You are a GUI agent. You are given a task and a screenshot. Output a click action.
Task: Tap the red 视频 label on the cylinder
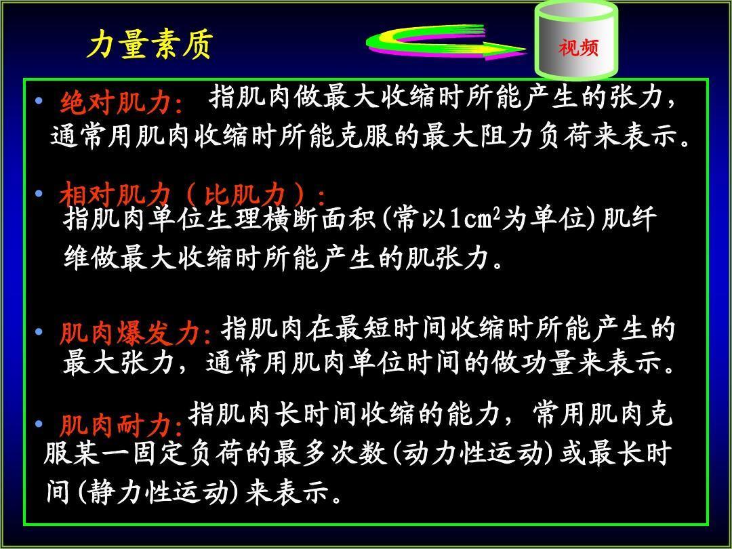tap(578, 47)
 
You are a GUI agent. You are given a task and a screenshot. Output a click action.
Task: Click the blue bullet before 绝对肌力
tap(39, 100)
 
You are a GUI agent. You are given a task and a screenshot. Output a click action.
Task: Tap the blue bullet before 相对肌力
tap(39, 192)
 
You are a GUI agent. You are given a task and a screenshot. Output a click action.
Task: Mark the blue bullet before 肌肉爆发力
tap(39, 332)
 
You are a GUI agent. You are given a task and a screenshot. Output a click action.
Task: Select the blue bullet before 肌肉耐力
tap(39, 424)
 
